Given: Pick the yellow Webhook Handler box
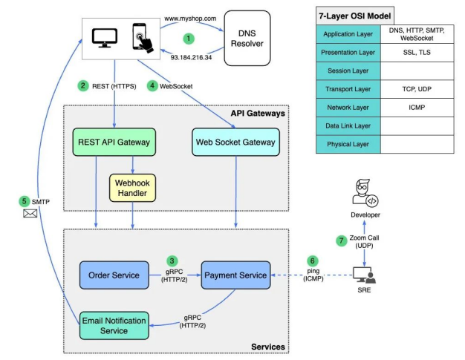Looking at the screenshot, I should (x=133, y=187).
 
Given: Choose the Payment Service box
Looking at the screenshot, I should (x=235, y=275).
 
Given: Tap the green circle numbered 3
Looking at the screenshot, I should (x=172, y=261).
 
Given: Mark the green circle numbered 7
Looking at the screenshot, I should (x=342, y=240).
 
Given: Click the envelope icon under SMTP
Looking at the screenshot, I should (x=30, y=213).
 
